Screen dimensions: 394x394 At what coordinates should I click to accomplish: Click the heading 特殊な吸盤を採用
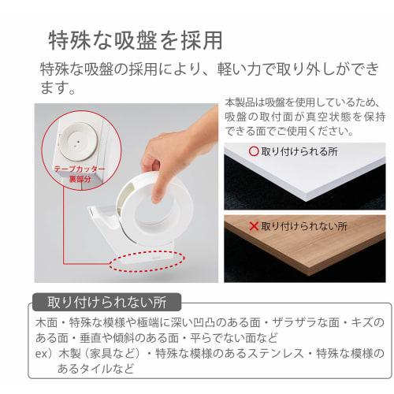click(x=136, y=41)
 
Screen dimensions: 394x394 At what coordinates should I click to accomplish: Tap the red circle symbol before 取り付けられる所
click(x=254, y=151)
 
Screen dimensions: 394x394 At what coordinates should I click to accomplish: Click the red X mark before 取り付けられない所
click(x=254, y=226)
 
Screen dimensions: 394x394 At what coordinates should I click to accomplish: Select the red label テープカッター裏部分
click(x=80, y=174)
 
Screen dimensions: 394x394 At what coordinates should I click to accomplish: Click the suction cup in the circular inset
click(x=78, y=142)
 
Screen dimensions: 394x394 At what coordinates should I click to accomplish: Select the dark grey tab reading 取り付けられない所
click(x=106, y=303)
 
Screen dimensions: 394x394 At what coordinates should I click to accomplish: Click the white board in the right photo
click(x=305, y=172)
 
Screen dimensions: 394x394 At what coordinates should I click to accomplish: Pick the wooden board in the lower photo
click(x=305, y=244)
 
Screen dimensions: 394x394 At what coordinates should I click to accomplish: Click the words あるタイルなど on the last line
click(x=95, y=369)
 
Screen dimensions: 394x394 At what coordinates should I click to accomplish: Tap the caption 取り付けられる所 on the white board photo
click(x=299, y=151)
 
